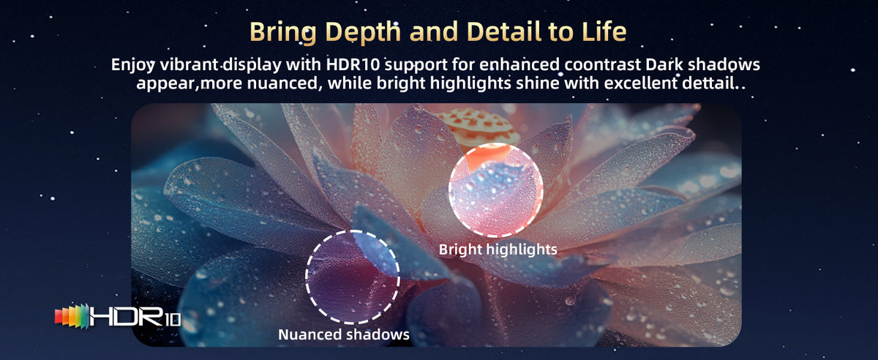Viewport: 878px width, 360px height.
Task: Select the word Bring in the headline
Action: pos(282,32)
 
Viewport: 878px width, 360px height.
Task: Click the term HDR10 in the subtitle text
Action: pos(353,64)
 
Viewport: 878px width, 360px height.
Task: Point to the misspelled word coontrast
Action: pos(602,64)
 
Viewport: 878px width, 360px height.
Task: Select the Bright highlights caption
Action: pos(498,250)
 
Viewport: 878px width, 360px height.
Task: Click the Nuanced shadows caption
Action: pos(344,334)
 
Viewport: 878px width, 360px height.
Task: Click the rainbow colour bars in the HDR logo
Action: pos(72,315)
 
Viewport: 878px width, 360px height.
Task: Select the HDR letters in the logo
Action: pos(126,315)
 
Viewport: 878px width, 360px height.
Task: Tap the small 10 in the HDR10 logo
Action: pos(172,319)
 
